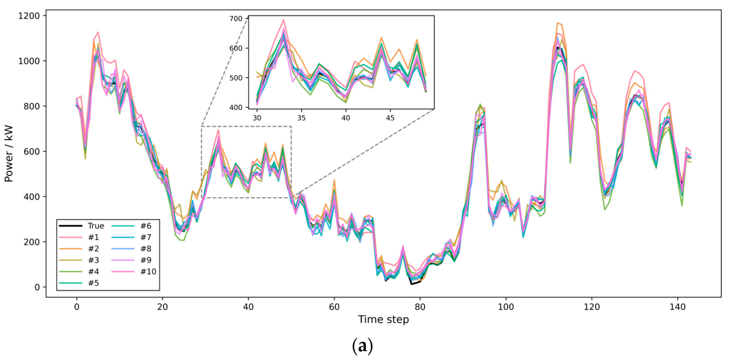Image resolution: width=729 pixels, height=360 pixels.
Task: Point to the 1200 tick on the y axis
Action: tap(29, 16)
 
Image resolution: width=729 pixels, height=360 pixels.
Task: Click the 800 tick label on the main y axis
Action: tap(32, 106)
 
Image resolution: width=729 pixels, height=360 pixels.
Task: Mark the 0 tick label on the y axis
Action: tap(37, 287)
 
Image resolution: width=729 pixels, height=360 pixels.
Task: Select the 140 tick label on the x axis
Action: tap(677, 307)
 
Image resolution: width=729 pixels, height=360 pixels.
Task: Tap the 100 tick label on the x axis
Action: tap(506, 307)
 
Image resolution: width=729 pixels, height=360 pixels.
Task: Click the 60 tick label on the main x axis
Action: tap(334, 307)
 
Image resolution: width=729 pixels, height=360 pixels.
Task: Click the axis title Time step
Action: tap(383, 320)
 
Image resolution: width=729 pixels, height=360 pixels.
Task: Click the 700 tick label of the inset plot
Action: tap(236, 19)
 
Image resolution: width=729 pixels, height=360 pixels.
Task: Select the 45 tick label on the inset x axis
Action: tap(390, 118)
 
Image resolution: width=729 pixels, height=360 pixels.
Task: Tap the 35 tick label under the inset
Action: tap(301, 118)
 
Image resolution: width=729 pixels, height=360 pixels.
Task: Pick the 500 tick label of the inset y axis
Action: tap(236, 78)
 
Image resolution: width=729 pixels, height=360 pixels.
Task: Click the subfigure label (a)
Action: tap(362, 346)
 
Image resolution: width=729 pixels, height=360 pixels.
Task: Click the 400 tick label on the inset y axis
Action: tap(236, 107)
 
